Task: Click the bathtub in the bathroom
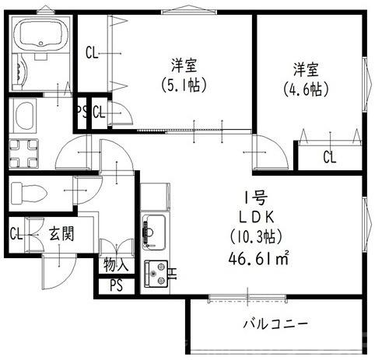(x=41, y=36)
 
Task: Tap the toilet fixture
(x=29, y=191)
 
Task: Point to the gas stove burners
(x=157, y=272)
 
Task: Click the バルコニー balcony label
(x=276, y=322)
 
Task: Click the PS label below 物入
(x=116, y=285)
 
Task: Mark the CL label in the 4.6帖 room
(x=330, y=157)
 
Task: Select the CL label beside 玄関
(x=16, y=232)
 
